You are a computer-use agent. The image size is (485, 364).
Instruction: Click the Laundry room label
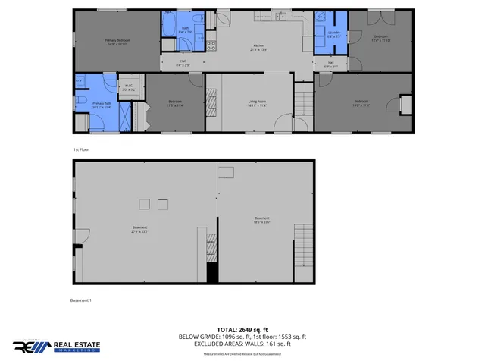pyautogui.click(x=333, y=34)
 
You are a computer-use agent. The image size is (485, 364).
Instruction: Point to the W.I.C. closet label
pyautogui.click(x=130, y=88)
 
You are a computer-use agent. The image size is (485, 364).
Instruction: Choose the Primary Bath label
pyautogui.click(x=102, y=105)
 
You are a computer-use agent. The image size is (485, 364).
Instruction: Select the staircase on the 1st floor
pyautogui.click(x=303, y=99)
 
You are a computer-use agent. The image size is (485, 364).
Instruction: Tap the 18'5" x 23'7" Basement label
pyautogui.click(x=262, y=221)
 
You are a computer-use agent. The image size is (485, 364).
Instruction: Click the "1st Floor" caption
pyautogui.click(x=80, y=149)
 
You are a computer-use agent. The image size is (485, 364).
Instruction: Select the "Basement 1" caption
pyautogui.click(x=80, y=300)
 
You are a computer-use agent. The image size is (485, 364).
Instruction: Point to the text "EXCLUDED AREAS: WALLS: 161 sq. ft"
pyautogui.click(x=242, y=343)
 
